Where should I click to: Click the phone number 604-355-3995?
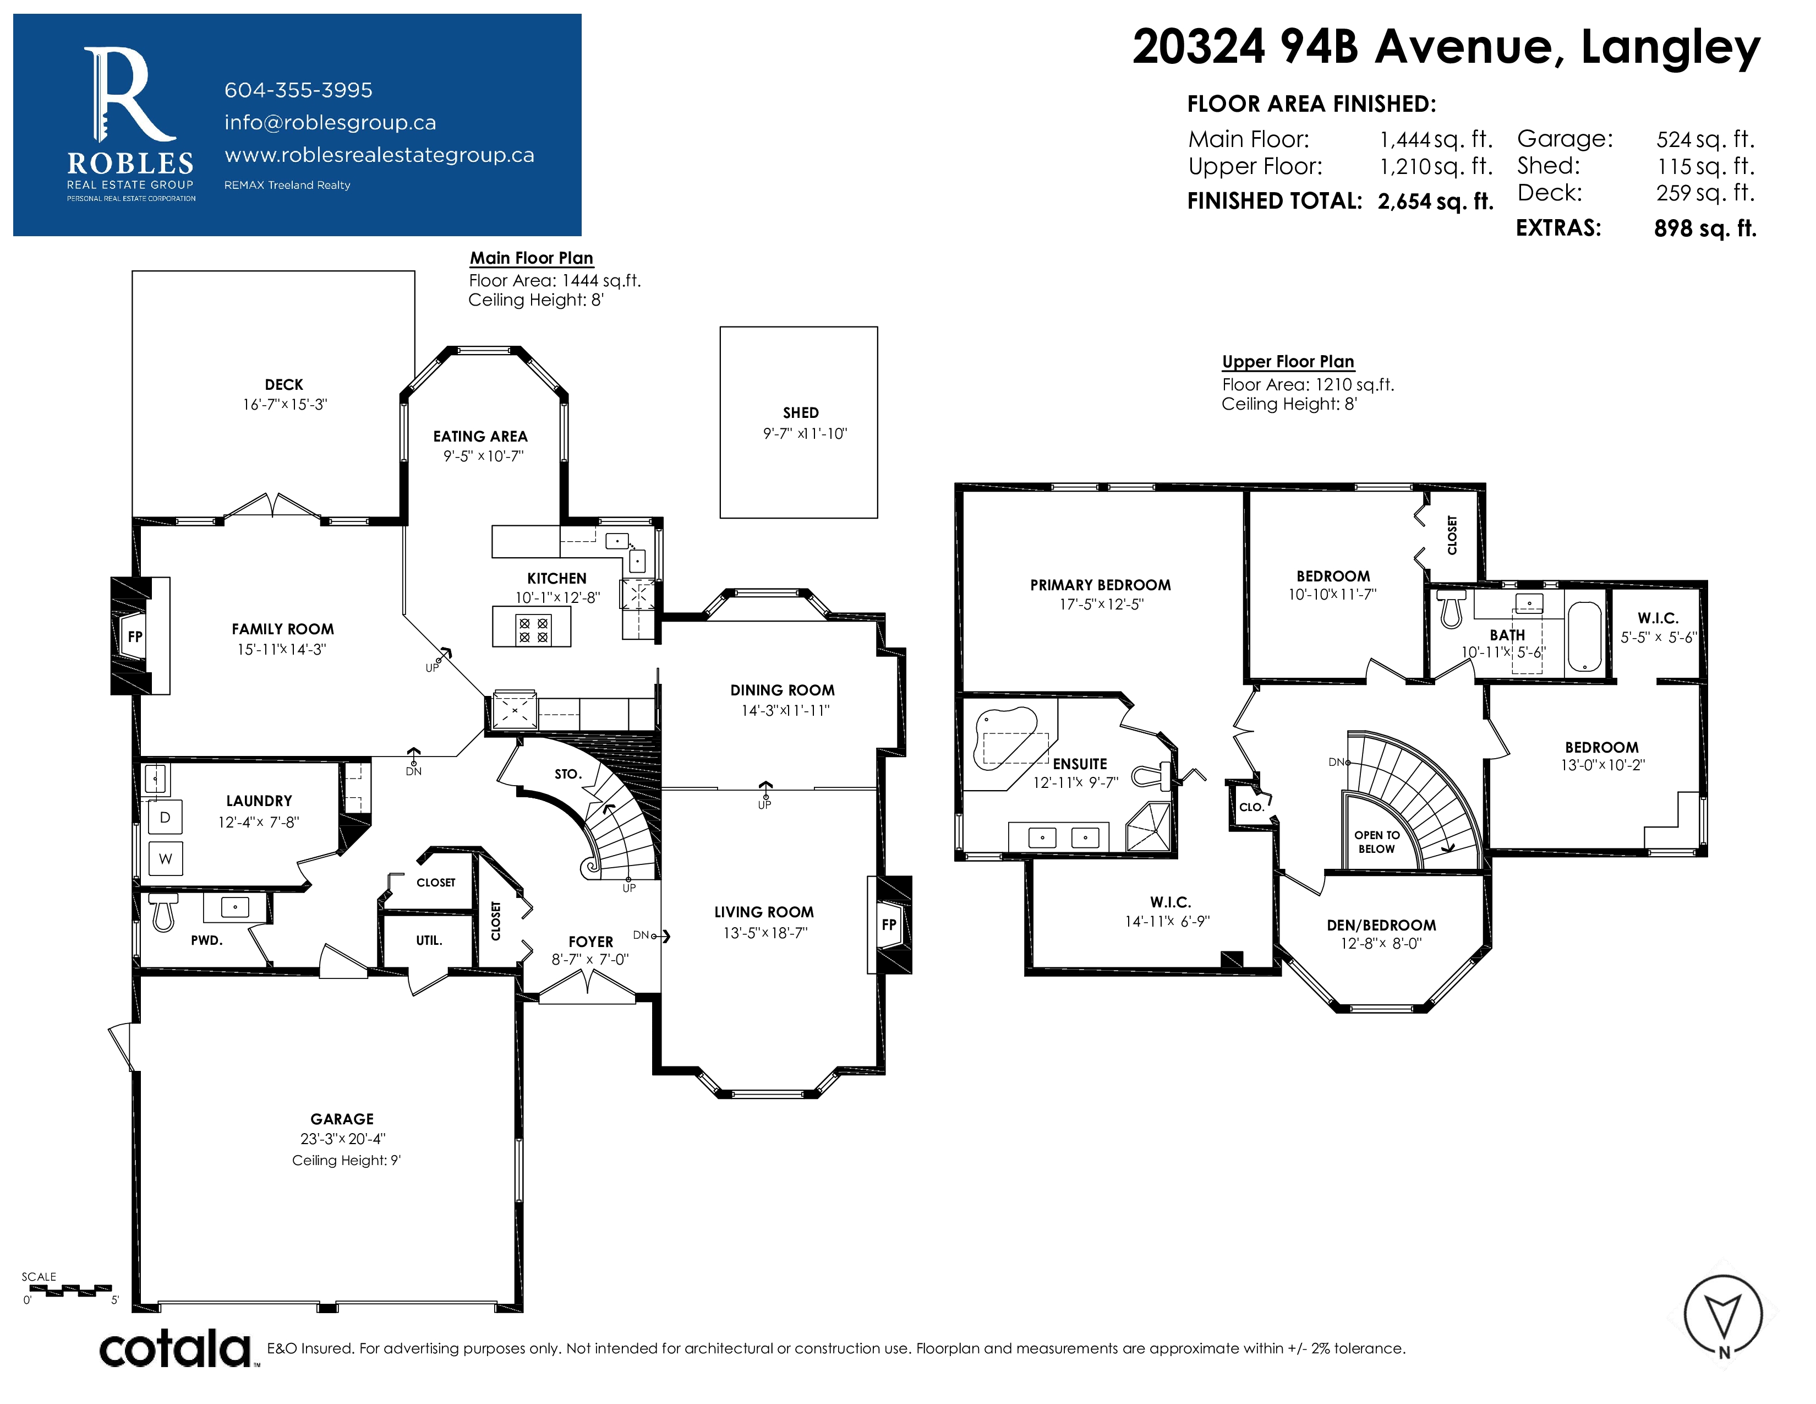tap(298, 90)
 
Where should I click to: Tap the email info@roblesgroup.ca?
tap(330, 122)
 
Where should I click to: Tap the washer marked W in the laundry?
tap(166, 858)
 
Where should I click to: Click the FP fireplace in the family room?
tap(135, 636)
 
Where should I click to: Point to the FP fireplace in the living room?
tap(889, 924)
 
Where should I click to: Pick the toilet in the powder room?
tap(163, 912)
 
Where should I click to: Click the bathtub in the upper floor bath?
tap(1585, 636)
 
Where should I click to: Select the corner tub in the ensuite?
tap(1006, 738)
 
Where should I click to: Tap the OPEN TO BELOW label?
tap(1377, 842)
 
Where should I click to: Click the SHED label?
tap(801, 412)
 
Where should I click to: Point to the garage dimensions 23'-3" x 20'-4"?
tap(343, 1139)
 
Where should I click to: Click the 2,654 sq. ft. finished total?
tap(1435, 202)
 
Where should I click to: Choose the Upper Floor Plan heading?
tap(1288, 361)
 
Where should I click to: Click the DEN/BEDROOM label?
tap(1381, 925)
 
